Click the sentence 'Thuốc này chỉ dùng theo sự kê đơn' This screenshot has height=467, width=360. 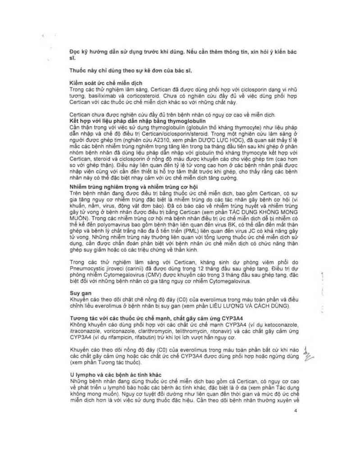123,71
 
